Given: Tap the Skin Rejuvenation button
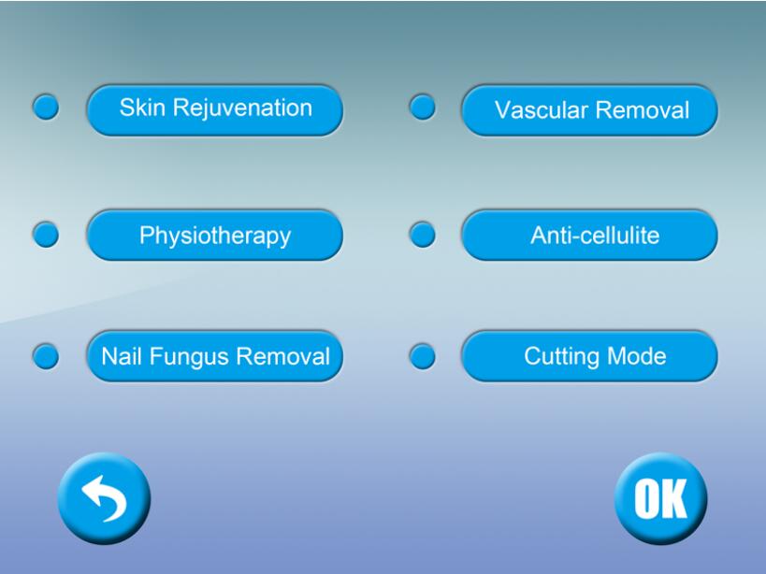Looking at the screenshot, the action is tap(215, 109).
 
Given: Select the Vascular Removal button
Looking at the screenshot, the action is tap(589, 109).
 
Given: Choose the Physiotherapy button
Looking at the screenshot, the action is tap(215, 235).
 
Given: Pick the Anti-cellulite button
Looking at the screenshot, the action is tap(589, 235).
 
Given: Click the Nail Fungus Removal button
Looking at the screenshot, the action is tap(215, 356).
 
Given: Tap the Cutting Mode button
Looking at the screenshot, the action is tap(589, 356).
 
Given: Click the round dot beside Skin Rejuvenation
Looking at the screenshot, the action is tap(46, 107).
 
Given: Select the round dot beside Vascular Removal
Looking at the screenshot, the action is tap(423, 107).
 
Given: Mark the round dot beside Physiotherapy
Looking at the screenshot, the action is tap(46, 235).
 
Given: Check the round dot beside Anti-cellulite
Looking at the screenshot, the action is tap(423, 235).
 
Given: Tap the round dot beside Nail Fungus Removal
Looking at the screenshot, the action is tap(46, 356).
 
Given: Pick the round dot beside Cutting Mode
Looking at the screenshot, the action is tap(423, 356).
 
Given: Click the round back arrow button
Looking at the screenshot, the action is tap(104, 498).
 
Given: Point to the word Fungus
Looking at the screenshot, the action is tap(189, 357).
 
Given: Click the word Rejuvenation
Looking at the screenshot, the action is tap(242, 108).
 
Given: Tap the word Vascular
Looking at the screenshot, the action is tap(542, 110).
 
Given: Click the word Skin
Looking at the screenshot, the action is tap(142, 108).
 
